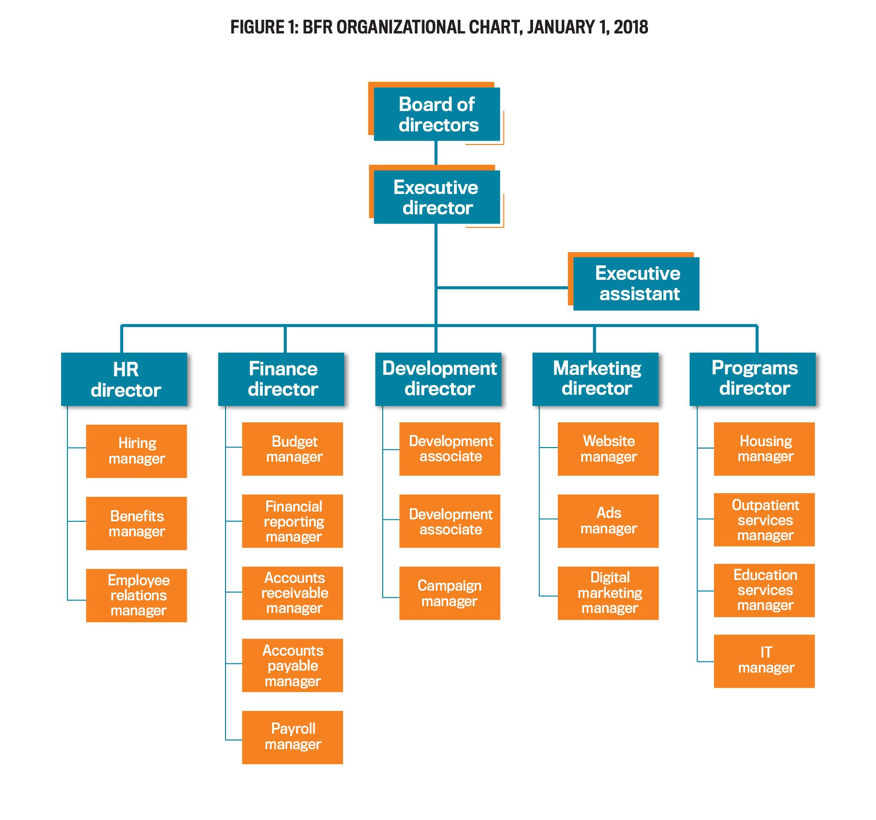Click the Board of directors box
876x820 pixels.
point(437,114)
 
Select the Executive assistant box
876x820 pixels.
point(636,284)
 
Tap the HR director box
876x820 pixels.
point(124,379)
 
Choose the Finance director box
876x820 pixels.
point(281,379)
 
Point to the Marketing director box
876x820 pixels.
point(596,379)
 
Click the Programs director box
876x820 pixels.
point(753,379)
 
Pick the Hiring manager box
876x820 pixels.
point(136,451)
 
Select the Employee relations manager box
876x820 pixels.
point(136,595)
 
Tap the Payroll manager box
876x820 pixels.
point(292,737)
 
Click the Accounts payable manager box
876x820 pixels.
point(292,665)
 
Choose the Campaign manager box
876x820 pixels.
point(450,593)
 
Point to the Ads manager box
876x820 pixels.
point(608,521)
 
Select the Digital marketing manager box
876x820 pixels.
point(608,593)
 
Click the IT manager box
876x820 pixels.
point(764,661)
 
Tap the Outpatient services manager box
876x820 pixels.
point(764,520)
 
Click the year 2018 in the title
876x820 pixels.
point(631,27)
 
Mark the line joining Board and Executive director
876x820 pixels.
point(436,153)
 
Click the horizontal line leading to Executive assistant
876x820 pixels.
point(502,288)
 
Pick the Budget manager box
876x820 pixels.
point(292,449)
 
